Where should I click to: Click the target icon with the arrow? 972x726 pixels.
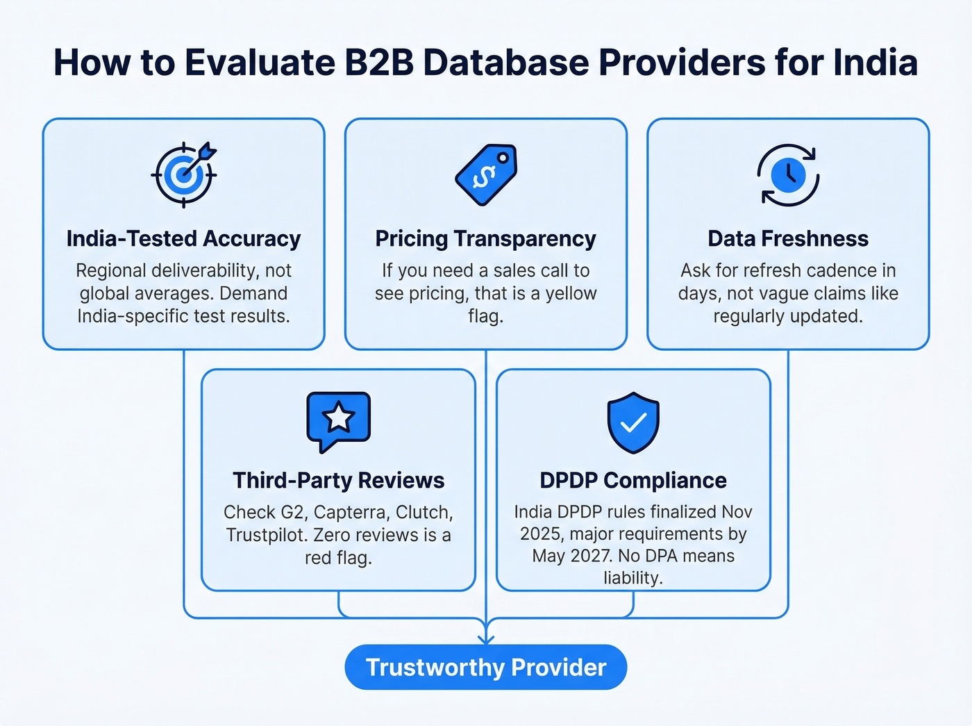click(184, 174)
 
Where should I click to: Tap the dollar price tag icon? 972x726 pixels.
click(486, 174)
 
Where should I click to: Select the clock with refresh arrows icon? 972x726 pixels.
click(788, 175)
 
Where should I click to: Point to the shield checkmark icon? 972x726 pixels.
click(633, 422)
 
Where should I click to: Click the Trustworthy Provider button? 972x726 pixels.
click(486, 667)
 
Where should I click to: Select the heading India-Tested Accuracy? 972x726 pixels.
click(183, 238)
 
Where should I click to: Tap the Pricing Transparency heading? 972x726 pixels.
click(486, 238)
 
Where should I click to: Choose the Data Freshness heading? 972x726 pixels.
click(788, 238)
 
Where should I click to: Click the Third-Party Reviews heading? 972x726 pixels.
click(339, 480)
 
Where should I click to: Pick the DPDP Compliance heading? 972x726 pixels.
click(633, 480)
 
